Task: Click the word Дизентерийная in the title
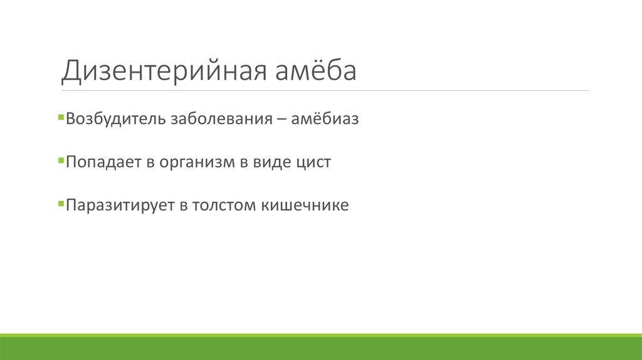click(164, 71)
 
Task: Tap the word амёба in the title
click(315, 71)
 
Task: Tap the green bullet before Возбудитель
click(60, 117)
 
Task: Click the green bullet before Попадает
click(60, 161)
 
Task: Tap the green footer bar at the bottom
click(321, 348)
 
